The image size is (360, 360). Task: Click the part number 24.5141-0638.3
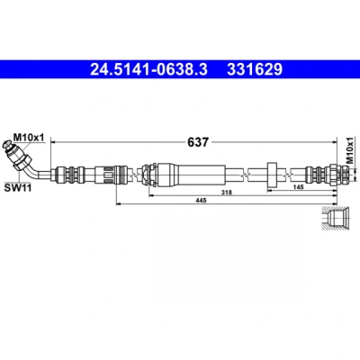click(x=148, y=69)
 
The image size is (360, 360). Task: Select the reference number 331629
click(x=255, y=69)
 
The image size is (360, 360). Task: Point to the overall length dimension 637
click(x=198, y=141)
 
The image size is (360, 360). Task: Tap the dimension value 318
click(x=227, y=193)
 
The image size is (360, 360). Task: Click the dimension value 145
click(x=299, y=187)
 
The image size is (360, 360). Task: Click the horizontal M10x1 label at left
click(x=29, y=138)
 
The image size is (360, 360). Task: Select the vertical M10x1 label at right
click(x=350, y=150)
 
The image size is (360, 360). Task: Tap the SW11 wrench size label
click(x=18, y=188)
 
